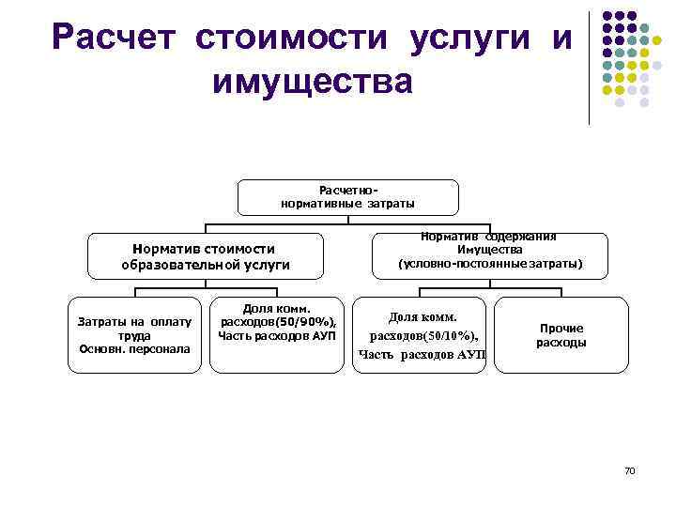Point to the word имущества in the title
coord(313,82)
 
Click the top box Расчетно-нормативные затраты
coord(347,197)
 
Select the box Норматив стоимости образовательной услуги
coord(205,256)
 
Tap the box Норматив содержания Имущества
coord(489,251)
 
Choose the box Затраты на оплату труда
coord(134,335)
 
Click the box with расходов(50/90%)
coord(277,335)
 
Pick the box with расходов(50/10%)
coord(422,335)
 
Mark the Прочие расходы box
coord(561,335)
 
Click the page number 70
coord(629,469)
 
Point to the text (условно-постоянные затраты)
coord(490,265)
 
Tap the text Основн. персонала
coord(134,349)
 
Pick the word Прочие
coord(561,329)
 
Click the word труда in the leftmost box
coord(134,335)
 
